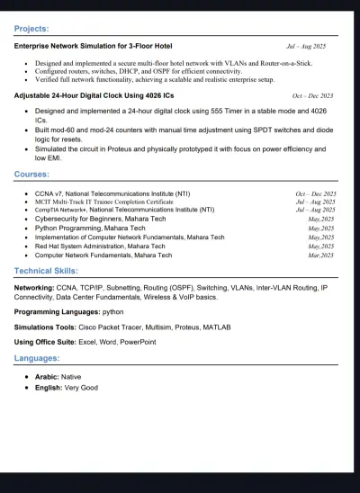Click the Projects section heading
coord(32,29)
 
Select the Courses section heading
coord(31,174)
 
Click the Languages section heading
coord(37,357)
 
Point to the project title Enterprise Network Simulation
coord(94,45)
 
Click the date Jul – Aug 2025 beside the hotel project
coord(306,45)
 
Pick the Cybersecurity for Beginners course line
coord(94,219)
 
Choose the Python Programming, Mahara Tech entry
coord(88,228)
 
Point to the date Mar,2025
coord(321,255)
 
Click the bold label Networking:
coord(34,289)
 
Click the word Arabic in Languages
coord(46,376)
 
